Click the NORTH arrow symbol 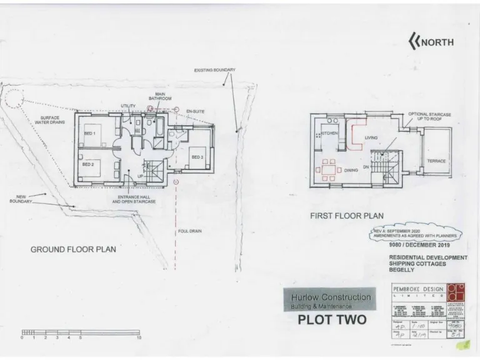point(413,42)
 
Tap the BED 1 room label point(89,134)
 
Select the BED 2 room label point(88,164)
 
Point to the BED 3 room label point(197,156)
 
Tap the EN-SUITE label point(196,111)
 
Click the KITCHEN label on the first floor point(329,134)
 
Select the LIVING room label point(371,137)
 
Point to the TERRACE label point(436,161)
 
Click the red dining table point(328,169)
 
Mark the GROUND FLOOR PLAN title point(73,249)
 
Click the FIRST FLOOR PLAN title point(347,216)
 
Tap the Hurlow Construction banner point(330,300)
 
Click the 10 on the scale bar point(139,337)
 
